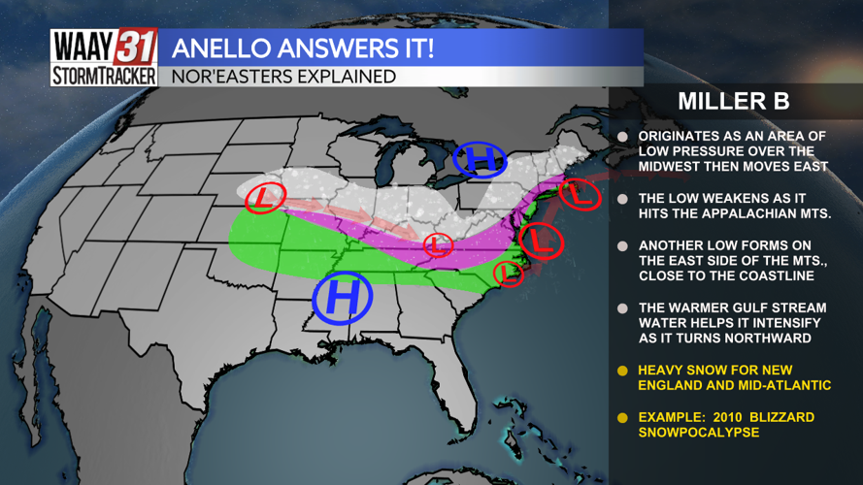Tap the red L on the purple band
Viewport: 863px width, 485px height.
coord(438,244)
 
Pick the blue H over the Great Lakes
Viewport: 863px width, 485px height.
coord(480,158)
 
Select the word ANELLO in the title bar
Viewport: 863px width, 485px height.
coord(220,48)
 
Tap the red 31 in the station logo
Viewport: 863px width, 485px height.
coord(137,47)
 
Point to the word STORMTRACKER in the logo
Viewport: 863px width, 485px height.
coord(104,77)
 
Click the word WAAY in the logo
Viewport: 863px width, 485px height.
coord(83,47)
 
